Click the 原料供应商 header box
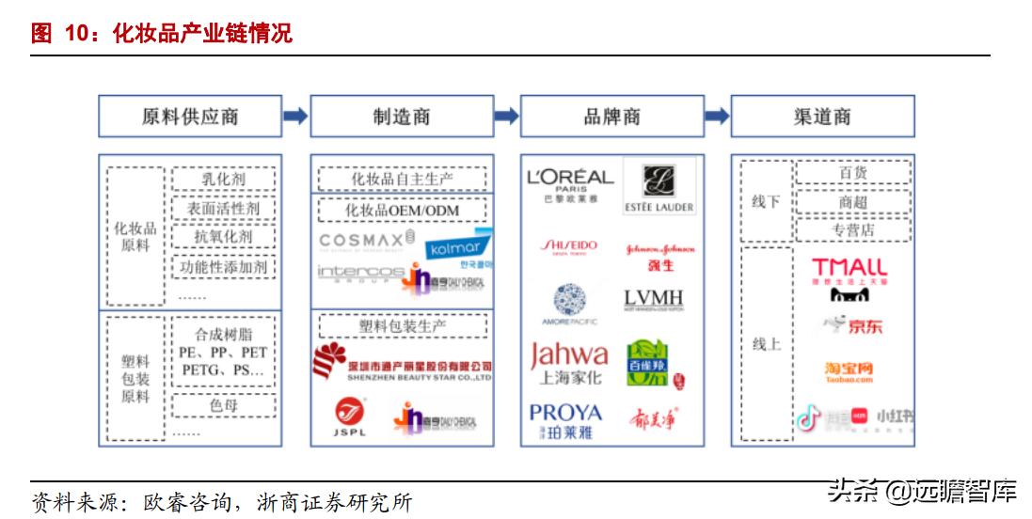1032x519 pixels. click(189, 117)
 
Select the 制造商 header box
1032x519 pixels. click(401, 117)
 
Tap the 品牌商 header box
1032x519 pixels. click(611, 117)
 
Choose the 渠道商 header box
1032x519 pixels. click(822, 117)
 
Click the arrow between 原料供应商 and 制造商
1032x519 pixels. click(295, 117)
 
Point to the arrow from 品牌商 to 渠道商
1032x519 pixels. click(717, 117)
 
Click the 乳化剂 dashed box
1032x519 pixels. click(224, 179)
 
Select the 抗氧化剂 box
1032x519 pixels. click(224, 237)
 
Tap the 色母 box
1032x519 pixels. click(224, 405)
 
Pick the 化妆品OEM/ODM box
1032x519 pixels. click(403, 210)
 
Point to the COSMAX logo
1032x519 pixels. click(366, 241)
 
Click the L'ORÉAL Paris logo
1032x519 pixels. click(570, 182)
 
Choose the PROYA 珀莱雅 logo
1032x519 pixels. click(565, 420)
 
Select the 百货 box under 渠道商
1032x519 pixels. click(852, 173)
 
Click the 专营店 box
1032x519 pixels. click(852, 229)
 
